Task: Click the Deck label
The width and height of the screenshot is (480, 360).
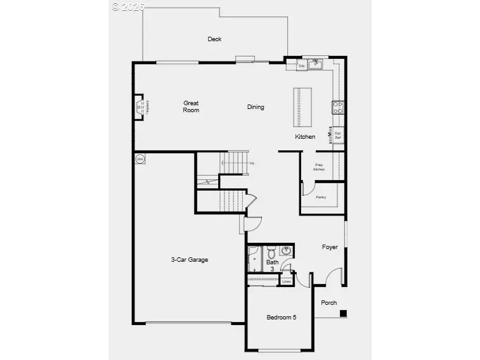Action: [214, 39]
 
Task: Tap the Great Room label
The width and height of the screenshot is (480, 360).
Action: [191, 106]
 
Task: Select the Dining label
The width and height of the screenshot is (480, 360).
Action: [256, 107]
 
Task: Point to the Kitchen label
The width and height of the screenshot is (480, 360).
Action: [304, 137]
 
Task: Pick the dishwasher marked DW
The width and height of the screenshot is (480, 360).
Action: [302, 65]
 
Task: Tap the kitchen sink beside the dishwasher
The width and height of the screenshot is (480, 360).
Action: [315, 65]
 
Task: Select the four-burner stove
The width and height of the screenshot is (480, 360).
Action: [338, 108]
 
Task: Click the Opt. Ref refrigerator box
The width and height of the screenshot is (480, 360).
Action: [338, 135]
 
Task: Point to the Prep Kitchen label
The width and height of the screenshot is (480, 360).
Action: [320, 167]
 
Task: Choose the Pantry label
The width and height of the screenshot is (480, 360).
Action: [321, 197]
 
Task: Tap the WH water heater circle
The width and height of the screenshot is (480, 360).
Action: [139, 158]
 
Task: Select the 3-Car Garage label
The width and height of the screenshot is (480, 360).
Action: [189, 260]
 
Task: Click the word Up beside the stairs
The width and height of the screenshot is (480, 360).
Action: [251, 164]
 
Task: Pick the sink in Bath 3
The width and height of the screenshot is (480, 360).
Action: [286, 250]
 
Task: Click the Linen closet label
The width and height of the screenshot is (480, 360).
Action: [287, 281]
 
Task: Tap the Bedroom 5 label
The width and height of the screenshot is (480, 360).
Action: [281, 318]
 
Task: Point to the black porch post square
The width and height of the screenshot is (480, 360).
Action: [343, 312]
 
